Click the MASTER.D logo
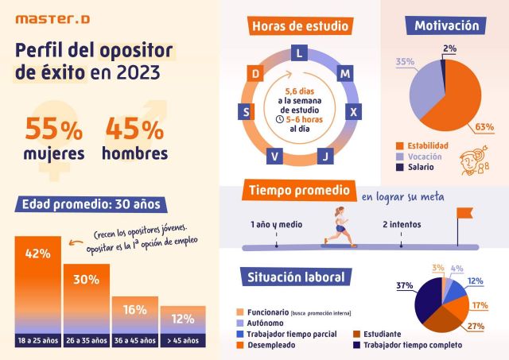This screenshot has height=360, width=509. click(49, 17)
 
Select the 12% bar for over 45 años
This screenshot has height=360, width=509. click(182, 326)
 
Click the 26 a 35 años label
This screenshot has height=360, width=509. click(87, 341)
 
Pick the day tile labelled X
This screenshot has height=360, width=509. click(353, 112)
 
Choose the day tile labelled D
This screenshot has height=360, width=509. click(256, 74)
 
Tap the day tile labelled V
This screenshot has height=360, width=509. click(274, 155)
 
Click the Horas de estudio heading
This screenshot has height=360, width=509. click(300, 26)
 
